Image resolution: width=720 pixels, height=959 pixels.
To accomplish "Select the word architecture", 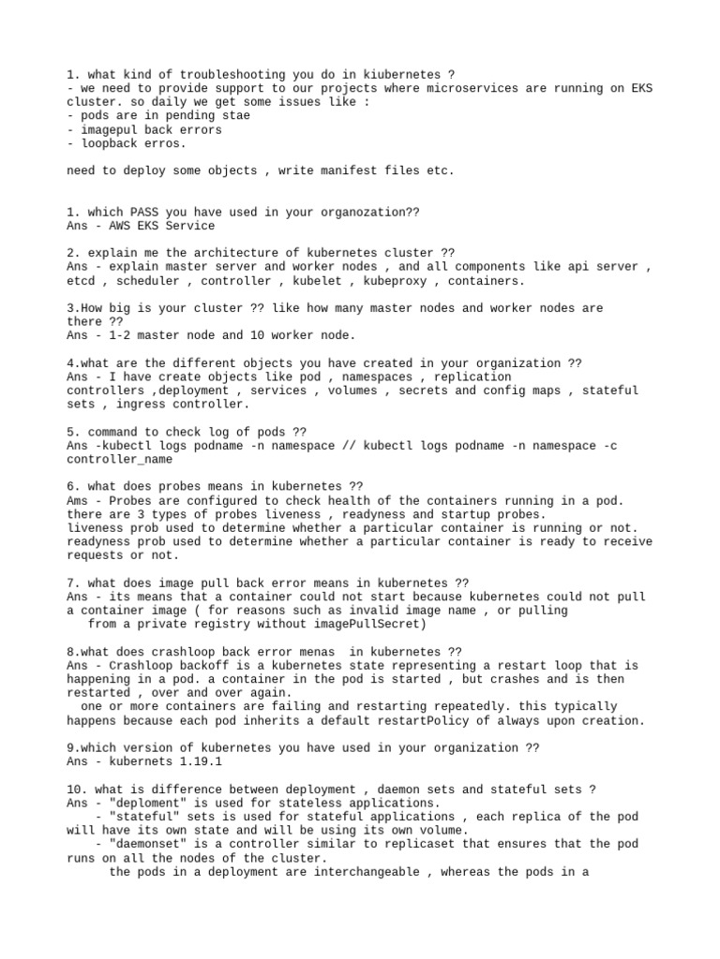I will pos(203,253).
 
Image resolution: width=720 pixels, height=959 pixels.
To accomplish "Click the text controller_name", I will pos(119,460).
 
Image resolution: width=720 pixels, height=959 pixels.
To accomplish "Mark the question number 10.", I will pos(77,789).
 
